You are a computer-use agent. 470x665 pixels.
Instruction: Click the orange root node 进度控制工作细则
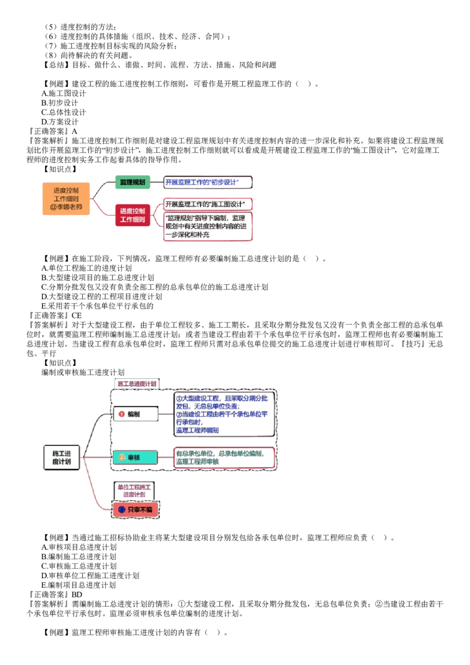[66, 199]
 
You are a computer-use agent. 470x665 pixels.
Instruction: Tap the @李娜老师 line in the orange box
[66, 207]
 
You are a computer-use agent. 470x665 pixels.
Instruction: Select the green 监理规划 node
[132, 183]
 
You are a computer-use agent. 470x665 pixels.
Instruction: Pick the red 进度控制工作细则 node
[132, 215]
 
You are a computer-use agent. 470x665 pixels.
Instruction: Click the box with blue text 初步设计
[207, 183]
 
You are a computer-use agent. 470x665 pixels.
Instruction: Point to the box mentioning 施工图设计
[207, 204]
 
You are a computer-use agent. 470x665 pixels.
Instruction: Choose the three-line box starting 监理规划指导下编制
[207, 227]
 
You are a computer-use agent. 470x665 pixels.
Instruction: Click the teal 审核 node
[135, 457]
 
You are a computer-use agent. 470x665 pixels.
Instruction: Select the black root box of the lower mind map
[61, 457]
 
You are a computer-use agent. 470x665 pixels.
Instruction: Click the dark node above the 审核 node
[135, 414]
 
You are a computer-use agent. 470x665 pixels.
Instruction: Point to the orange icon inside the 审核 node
[122, 457]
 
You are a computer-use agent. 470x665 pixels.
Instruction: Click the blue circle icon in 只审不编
[122, 509]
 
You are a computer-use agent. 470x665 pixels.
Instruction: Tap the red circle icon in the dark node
[122, 414]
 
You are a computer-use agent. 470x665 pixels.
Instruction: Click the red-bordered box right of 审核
[224, 458]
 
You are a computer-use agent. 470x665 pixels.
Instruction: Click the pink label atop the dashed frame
[136, 384]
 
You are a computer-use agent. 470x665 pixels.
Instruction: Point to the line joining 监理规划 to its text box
[156, 183]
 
